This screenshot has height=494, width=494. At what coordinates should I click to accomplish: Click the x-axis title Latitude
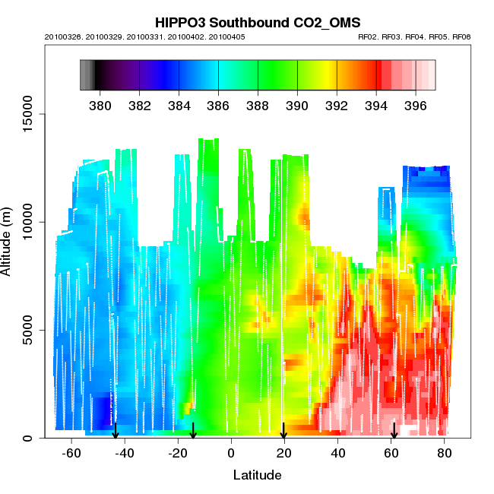[x=257, y=476]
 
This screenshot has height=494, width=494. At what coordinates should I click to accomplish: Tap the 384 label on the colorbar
[x=179, y=105]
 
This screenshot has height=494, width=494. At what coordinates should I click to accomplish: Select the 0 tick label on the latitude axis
[x=231, y=453]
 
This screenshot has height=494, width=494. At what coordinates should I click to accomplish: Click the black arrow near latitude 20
[x=283, y=431]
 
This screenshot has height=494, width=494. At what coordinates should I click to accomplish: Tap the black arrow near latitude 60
[x=394, y=431]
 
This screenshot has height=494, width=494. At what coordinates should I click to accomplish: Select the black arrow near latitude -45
[x=116, y=431]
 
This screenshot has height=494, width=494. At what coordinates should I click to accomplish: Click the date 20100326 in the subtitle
[x=64, y=36]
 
